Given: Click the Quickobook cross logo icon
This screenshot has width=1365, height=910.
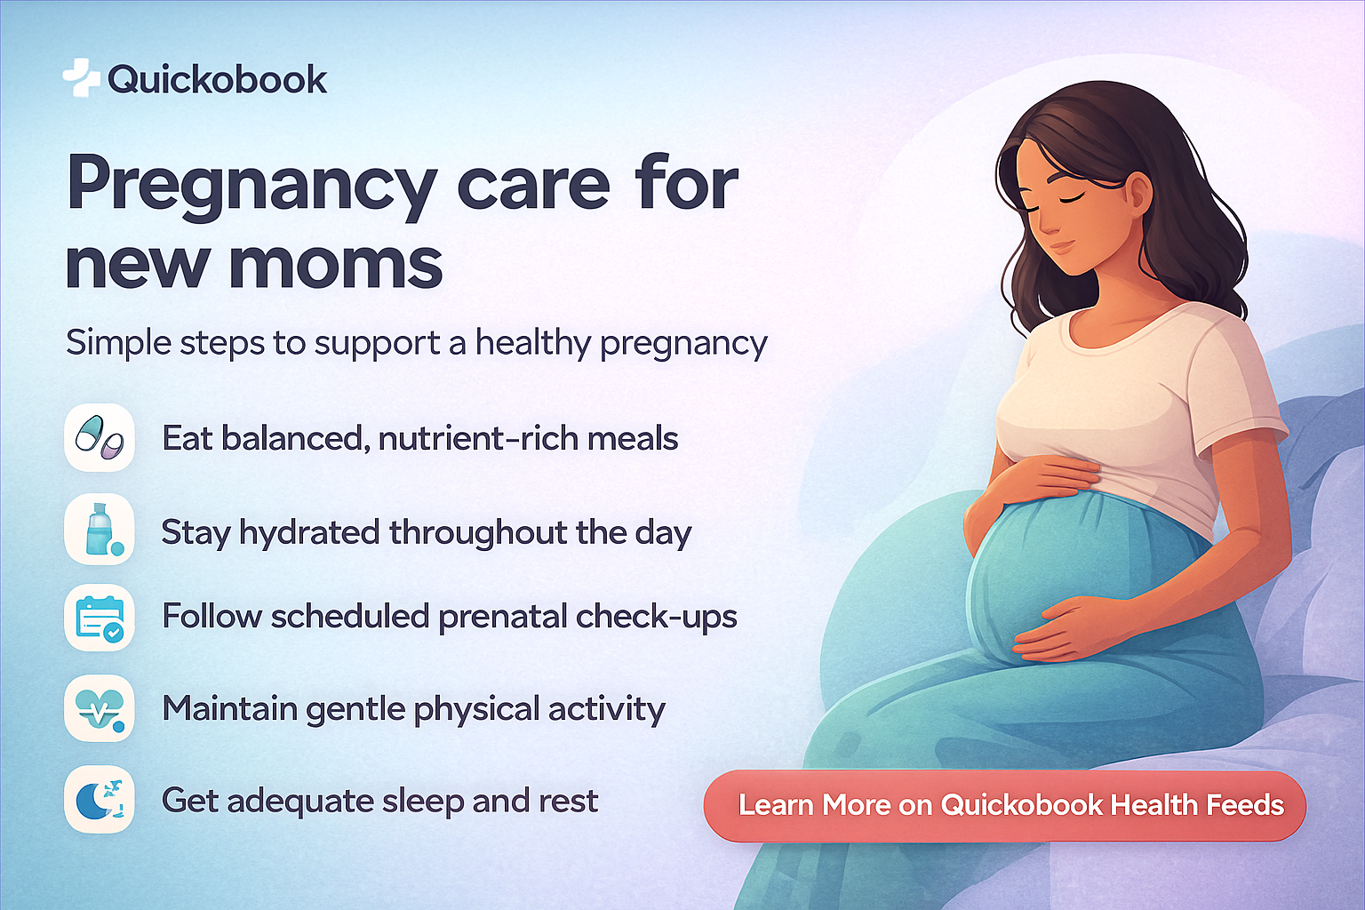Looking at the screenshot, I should coord(81,78).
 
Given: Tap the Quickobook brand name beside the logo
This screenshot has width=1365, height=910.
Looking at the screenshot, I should coord(217,80).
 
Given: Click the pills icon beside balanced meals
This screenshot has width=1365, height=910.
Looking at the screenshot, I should coord(100,437).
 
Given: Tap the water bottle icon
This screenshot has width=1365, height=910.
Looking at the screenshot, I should coord(100,530).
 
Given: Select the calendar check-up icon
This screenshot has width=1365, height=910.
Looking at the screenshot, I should coord(100,619).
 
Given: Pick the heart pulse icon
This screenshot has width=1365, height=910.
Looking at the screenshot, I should coord(100,708).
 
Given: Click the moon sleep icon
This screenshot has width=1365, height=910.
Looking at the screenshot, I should coord(100,799).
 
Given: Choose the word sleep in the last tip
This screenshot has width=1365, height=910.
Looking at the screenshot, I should coord(423,802).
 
